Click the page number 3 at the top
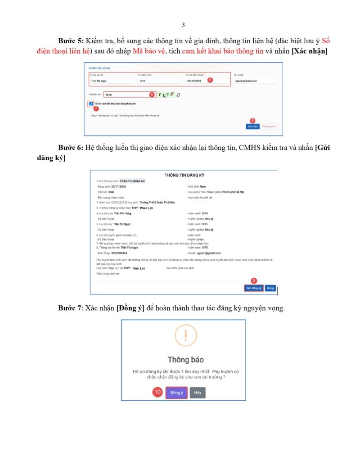[x=183, y=25]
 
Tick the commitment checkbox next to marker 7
[x=91, y=104]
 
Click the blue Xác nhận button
[x=252, y=127]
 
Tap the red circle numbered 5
[x=210, y=80]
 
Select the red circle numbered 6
[x=152, y=95]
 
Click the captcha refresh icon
[x=179, y=95]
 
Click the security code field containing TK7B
[x=126, y=95]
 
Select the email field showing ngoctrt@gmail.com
[x=254, y=81]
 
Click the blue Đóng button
[x=270, y=288]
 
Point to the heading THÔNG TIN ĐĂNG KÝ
[x=184, y=175]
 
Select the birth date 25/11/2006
[x=120, y=186]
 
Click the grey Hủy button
[x=198, y=393]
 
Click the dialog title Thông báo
[x=185, y=360]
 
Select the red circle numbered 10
[x=157, y=392]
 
